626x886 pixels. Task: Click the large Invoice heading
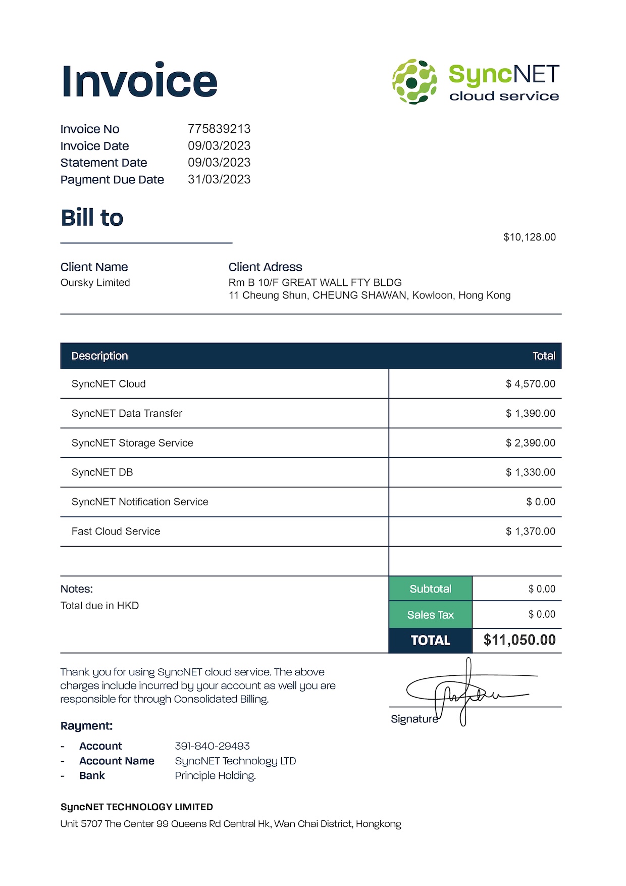point(139,81)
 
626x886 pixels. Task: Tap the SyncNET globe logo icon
point(414,81)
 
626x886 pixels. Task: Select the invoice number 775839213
point(219,129)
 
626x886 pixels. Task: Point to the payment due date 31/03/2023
point(219,179)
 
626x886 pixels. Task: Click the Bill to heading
point(92,218)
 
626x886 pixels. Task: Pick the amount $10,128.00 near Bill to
point(530,237)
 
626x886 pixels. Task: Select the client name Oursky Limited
point(95,283)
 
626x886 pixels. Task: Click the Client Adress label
point(265,267)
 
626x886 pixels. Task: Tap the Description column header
point(99,356)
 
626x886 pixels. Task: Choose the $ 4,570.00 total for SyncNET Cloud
point(530,384)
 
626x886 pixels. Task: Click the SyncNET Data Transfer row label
point(127,413)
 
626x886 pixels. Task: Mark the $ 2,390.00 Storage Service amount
point(530,443)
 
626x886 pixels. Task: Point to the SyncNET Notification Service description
point(140,502)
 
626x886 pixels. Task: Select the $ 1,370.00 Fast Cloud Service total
point(530,531)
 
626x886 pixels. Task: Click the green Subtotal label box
point(431,589)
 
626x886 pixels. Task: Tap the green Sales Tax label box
point(431,615)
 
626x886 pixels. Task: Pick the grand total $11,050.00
point(519,640)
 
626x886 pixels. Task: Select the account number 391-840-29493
point(212,746)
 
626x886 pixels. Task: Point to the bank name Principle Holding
point(215,776)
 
